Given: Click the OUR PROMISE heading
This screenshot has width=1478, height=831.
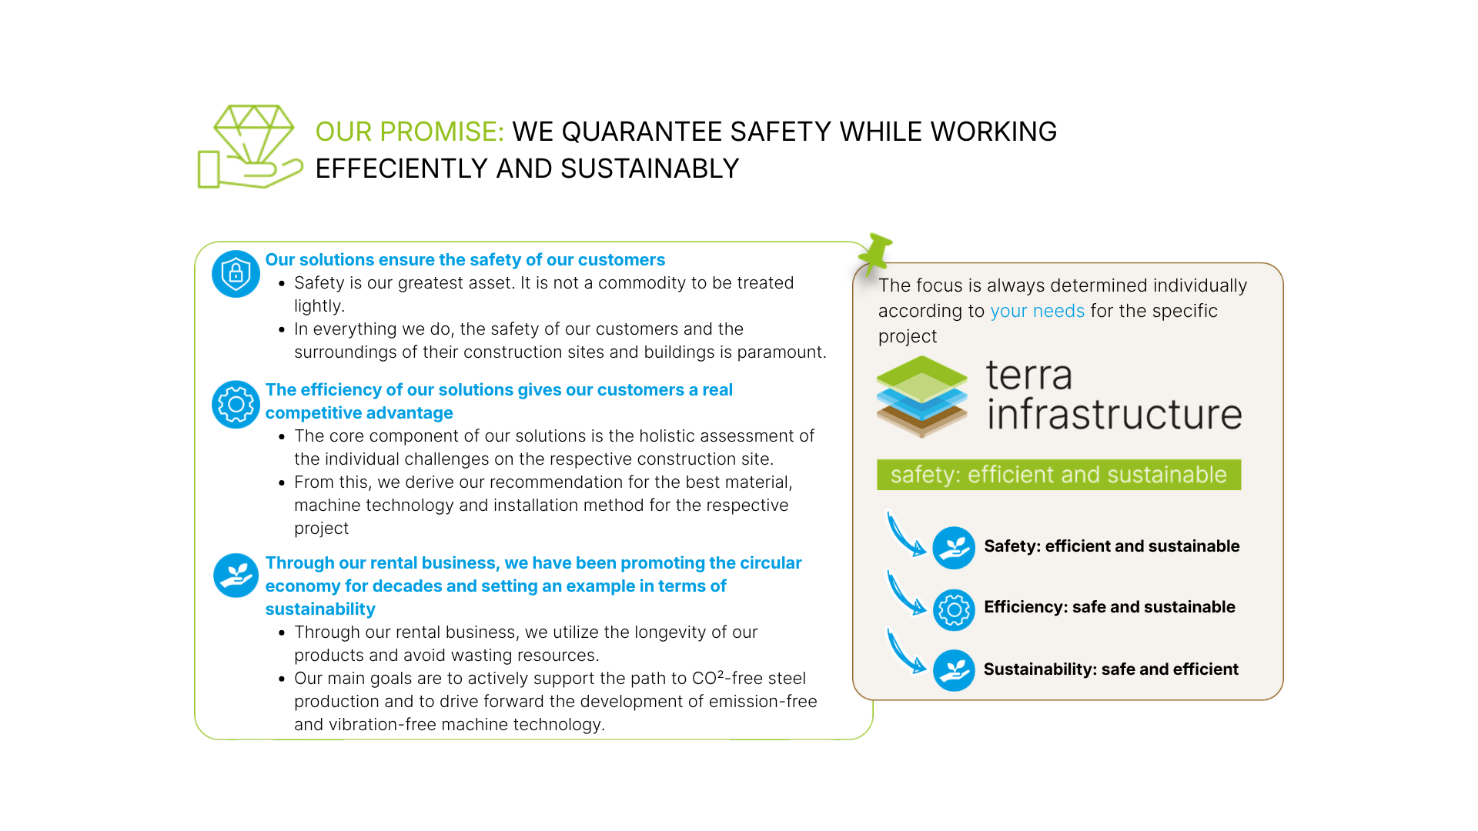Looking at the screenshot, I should click(x=410, y=132).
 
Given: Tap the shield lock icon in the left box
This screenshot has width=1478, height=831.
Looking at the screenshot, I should click(x=236, y=273).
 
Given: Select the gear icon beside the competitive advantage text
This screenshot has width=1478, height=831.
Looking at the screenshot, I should click(x=236, y=404).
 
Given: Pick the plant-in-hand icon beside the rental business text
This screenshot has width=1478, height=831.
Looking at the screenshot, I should click(x=236, y=575).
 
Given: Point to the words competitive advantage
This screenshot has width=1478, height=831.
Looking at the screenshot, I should click(x=359, y=413).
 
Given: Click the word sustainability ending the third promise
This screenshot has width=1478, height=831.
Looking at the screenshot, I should click(x=320, y=609).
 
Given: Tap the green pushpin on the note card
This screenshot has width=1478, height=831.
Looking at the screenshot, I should click(x=876, y=250).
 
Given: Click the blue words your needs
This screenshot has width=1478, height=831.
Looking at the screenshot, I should click(x=1037, y=311).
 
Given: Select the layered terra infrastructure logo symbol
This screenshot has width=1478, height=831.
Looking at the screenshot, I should click(x=921, y=396).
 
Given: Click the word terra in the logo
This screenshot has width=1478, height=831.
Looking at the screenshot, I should click(x=1028, y=375).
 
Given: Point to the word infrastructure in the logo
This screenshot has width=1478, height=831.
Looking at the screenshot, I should click(x=1114, y=415).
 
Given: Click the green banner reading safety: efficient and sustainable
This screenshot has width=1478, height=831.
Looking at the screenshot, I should click(x=1058, y=475).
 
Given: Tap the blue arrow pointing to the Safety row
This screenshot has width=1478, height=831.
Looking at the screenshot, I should click(x=905, y=534).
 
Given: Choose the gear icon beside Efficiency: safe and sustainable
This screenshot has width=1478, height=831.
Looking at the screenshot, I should click(x=954, y=609).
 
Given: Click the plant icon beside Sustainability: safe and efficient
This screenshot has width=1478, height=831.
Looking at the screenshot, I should click(x=954, y=670).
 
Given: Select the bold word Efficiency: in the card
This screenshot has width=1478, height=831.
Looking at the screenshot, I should click(x=1025, y=607).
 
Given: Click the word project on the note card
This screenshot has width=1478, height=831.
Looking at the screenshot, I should click(x=908, y=336).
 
